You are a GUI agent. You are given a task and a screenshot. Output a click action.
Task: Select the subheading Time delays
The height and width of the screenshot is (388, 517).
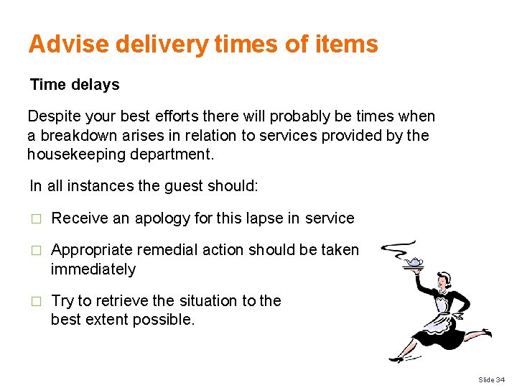click(x=75, y=85)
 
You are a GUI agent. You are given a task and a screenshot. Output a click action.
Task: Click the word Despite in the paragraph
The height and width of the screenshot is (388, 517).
click(x=54, y=116)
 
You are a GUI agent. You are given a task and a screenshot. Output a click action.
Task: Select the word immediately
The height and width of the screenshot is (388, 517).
click(x=93, y=269)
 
